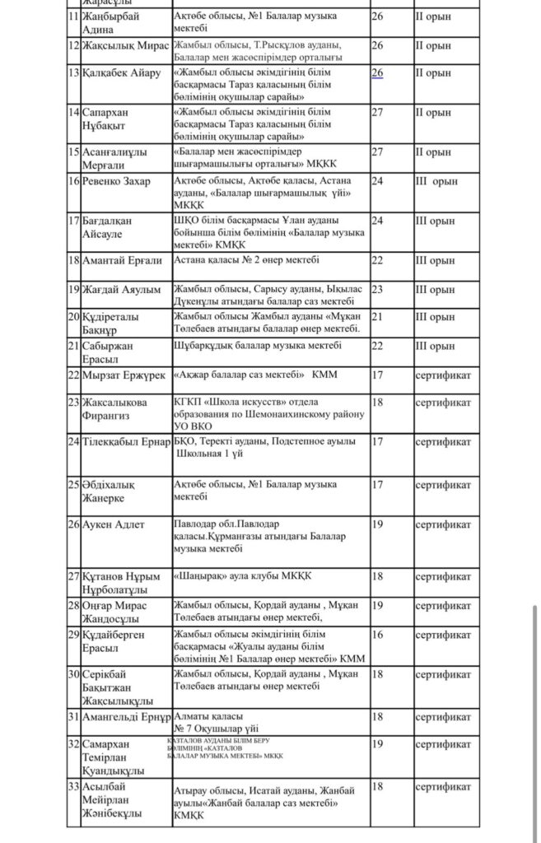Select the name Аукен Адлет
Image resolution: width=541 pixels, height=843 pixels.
click(x=114, y=524)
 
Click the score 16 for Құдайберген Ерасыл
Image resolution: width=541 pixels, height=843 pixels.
click(x=378, y=635)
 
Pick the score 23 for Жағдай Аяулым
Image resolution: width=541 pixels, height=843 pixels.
click(x=378, y=289)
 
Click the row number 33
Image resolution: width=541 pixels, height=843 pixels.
click(x=73, y=786)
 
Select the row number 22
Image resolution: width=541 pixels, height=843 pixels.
click(x=73, y=375)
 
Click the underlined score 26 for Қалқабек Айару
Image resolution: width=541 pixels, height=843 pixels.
click(x=377, y=72)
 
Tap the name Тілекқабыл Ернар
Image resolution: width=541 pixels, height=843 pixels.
click(x=125, y=442)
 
